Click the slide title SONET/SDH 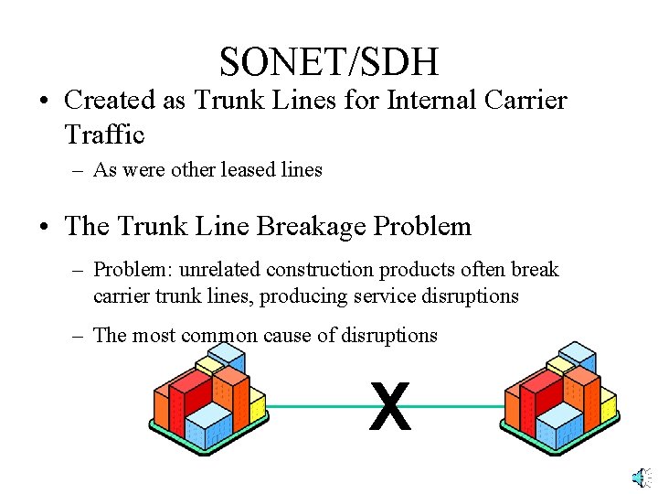click(x=329, y=61)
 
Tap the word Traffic click(x=104, y=134)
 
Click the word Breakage click(x=313, y=226)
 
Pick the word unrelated click(x=220, y=270)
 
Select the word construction click(x=324, y=270)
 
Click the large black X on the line click(x=390, y=408)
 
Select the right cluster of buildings click(x=560, y=399)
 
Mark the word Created click(x=110, y=99)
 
